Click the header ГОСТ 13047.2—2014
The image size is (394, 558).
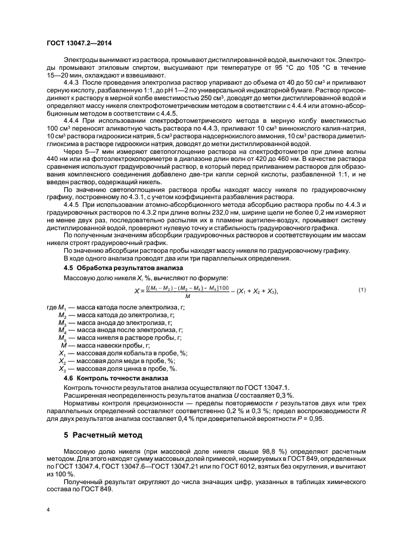[x=79, y=42]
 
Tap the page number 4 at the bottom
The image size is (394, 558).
[x=48, y=510]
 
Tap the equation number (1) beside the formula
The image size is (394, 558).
[x=361, y=289]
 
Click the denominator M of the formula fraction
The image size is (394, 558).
[x=188, y=296]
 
